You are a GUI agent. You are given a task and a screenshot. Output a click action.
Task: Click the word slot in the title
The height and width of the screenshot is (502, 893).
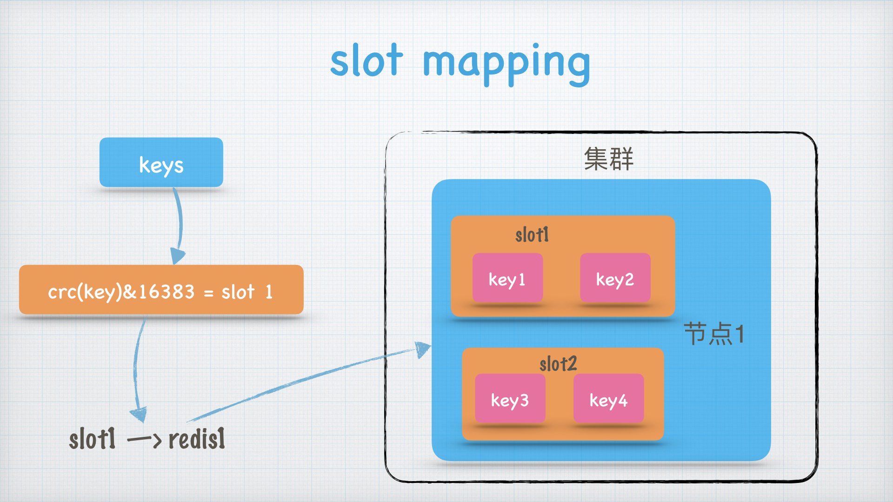coord(366,61)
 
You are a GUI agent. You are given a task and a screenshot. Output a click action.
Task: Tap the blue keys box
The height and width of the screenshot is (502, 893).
coord(161,163)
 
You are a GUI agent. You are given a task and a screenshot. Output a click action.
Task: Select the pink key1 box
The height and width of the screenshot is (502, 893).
coord(507,278)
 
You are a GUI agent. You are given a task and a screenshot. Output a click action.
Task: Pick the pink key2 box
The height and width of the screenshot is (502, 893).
coord(615,278)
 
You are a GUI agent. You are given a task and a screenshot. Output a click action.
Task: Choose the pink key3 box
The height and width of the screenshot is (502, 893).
coord(510,399)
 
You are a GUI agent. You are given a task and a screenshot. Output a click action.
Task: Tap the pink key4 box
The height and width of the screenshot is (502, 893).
coord(608,399)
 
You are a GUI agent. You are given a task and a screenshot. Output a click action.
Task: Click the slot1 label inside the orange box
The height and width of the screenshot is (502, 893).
coord(532,235)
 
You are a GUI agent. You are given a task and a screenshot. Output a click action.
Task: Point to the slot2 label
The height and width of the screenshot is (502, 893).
coord(558,364)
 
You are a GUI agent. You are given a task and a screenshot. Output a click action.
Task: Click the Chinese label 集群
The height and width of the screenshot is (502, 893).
coord(608,159)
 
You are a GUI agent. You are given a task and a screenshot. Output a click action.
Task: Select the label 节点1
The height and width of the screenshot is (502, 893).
coord(714,334)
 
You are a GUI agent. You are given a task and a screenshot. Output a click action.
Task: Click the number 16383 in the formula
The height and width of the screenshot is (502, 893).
coord(166,291)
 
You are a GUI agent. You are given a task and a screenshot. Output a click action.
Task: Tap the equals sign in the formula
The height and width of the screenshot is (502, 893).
coord(209,293)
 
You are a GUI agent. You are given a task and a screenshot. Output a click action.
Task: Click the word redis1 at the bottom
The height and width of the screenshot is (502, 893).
coord(197,439)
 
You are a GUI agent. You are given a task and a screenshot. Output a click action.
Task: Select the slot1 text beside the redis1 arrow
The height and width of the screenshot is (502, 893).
coord(92,439)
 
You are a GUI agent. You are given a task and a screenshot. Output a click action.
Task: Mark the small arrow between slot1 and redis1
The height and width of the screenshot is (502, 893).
coord(144,439)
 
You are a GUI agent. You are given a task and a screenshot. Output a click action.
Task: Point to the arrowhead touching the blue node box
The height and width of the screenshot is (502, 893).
coord(422,349)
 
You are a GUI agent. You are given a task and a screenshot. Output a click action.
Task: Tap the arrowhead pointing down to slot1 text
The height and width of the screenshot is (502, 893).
coord(139,414)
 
